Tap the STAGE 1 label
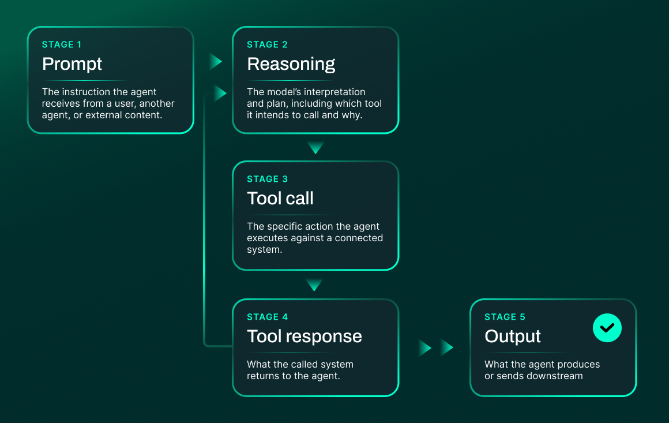tap(62, 44)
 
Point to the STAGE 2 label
tap(267, 44)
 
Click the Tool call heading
tap(280, 198)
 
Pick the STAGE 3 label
tap(267, 179)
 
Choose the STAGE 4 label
tap(267, 317)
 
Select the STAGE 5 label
tap(505, 317)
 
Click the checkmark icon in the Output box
tap(607, 328)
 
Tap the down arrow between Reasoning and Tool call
tap(315, 148)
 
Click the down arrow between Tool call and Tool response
tap(314, 285)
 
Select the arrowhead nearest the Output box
tap(447, 347)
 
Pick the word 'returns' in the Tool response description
tap(262, 376)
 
